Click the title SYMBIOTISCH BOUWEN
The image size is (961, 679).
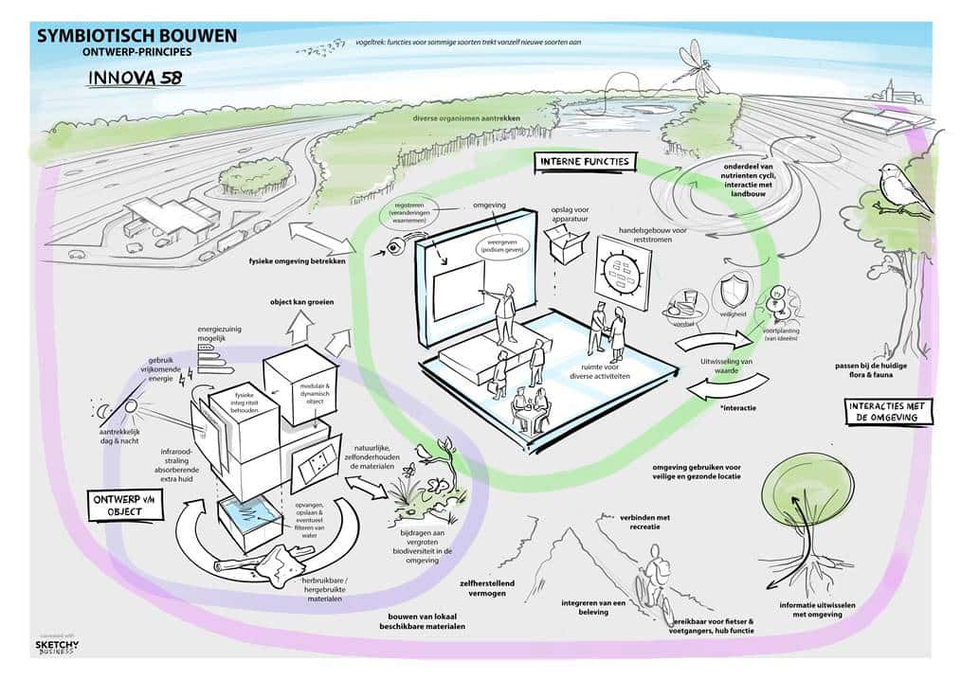[x=136, y=36]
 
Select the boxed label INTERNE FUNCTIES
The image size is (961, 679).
[x=584, y=162]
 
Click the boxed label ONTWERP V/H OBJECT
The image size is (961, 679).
[x=124, y=504]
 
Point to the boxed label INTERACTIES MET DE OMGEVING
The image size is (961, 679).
[x=888, y=411]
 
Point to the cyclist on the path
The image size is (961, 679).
[x=653, y=579]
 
